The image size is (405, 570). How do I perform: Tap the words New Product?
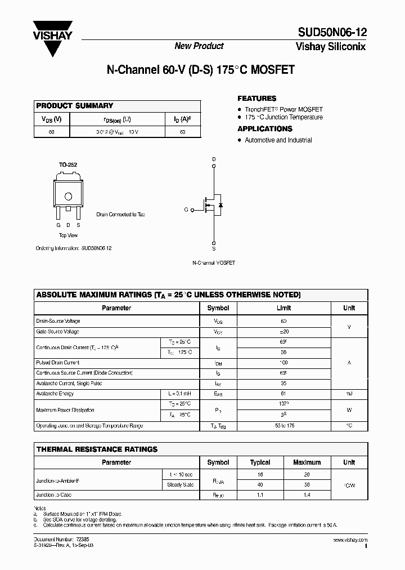199,46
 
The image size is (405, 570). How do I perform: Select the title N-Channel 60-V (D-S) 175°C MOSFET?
200,71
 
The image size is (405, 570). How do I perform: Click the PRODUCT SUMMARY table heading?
75,106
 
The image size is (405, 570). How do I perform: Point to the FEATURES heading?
256,98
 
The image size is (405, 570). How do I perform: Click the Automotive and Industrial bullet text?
278,140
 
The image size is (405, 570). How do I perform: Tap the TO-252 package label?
68,165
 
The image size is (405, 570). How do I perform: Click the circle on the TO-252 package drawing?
69,197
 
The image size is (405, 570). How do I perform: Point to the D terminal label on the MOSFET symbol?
214,159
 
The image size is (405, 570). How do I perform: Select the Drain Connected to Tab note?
120,215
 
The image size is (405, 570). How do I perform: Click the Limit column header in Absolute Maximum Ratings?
283,308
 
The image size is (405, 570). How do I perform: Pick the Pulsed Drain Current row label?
58,363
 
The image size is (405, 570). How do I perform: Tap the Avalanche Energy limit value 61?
283,394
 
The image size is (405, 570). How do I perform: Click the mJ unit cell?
349,394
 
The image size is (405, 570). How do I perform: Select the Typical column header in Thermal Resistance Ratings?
260,462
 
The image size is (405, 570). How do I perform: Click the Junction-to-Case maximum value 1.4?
307,495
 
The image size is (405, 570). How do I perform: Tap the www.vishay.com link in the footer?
349,540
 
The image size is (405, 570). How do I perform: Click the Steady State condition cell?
181,484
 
